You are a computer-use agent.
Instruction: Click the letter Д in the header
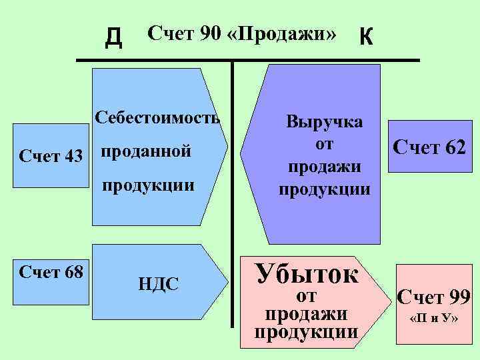pyautogui.click(x=114, y=38)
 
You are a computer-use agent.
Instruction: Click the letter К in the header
pyautogui.click(x=366, y=37)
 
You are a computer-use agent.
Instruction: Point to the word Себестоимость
pyautogui.click(x=157, y=119)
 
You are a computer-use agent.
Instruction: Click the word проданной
pyautogui.click(x=146, y=152)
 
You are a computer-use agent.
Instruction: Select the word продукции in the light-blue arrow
pyautogui.click(x=148, y=185)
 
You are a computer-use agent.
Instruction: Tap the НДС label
pyautogui.click(x=158, y=285)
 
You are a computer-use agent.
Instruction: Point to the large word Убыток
pyautogui.click(x=307, y=273)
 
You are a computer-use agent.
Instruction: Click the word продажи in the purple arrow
pyautogui.click(x=325, y=165)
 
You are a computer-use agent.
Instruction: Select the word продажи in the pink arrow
pyautogui.click(x=306, y=313)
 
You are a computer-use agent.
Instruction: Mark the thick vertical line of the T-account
pyautogui.click(x=233, y=193)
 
